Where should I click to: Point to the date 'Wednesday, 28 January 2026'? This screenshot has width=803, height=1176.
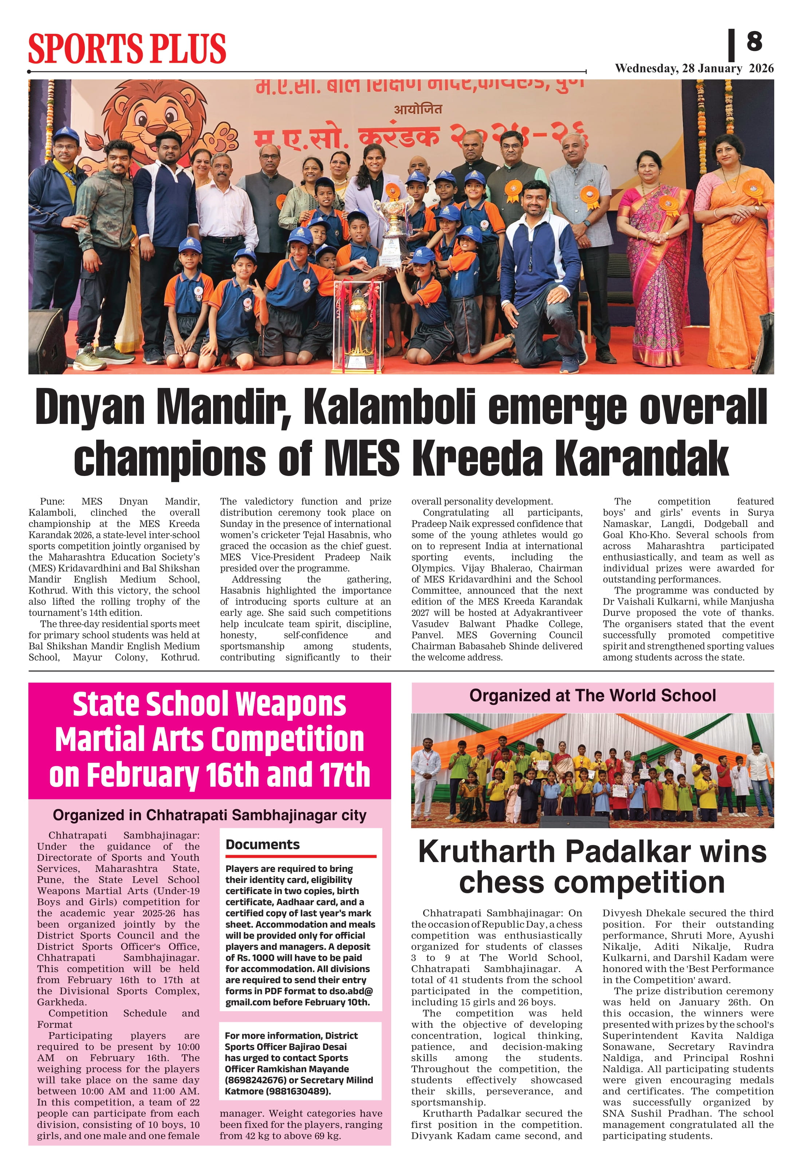[694, 68]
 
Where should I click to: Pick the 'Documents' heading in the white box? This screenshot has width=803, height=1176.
[263, 845]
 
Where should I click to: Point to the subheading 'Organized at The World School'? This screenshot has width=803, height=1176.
[592, 696]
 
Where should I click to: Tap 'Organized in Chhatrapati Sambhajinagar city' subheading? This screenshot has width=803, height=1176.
[209, 815]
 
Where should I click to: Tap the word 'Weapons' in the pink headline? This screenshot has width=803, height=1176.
[291, 704]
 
